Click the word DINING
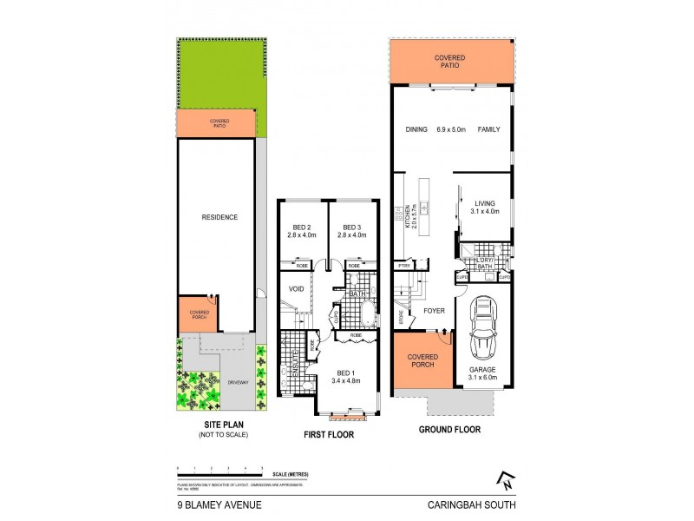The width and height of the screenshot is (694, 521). coord(416,130)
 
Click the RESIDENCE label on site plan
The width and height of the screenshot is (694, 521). coord(219,217)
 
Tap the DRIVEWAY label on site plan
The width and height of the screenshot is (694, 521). coord(239,382)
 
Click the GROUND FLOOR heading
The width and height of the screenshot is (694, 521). coord(449,429)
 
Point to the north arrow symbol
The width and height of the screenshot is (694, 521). coord(503,478)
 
